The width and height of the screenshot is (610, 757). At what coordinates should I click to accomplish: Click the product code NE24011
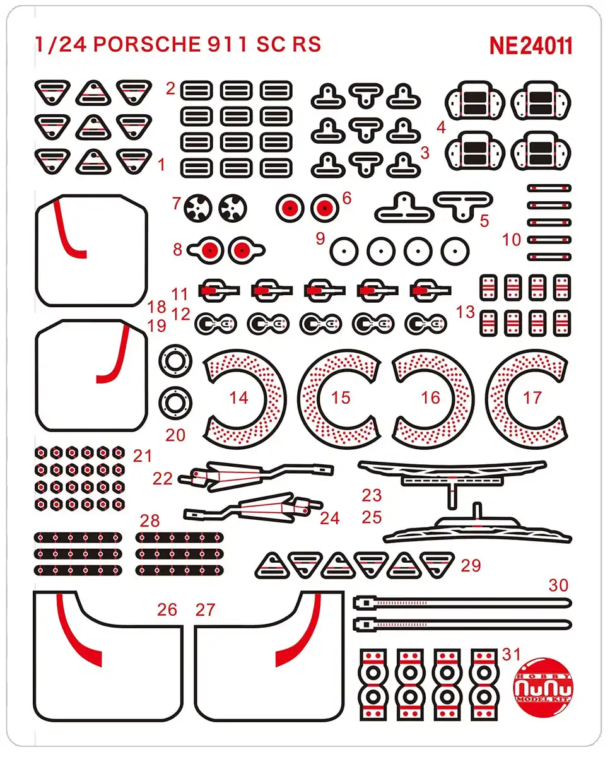531,45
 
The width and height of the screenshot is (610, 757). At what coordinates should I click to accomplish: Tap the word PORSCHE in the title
147,44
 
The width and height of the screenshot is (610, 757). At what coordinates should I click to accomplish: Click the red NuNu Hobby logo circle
544,690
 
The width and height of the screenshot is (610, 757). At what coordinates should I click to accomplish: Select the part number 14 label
239,398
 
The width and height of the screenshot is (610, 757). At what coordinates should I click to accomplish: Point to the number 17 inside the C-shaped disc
532,398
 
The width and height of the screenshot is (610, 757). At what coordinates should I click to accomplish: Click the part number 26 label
167,609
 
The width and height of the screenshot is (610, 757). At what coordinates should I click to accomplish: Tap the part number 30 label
559,585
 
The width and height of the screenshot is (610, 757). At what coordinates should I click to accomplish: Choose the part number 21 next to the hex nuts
143,456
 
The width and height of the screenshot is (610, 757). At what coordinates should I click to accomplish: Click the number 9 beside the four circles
320,238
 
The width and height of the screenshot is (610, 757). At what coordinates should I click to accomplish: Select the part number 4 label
441,127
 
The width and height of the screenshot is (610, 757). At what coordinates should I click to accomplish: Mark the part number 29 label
471,565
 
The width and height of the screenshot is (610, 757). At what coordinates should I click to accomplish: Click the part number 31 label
512,654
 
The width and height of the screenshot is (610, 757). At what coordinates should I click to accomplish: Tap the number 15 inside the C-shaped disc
341,398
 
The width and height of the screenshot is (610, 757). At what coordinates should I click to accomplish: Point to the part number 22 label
163,478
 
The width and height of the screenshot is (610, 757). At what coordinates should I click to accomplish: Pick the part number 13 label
466,312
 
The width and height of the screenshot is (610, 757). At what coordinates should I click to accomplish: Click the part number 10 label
512,240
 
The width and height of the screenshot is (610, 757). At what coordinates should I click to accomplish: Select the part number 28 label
150,521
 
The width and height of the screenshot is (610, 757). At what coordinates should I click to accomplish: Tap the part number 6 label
347,198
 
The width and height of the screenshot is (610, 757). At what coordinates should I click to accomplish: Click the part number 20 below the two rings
175,435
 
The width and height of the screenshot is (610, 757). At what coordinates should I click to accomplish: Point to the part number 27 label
206,610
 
